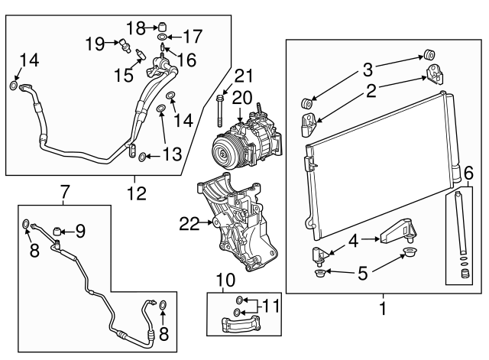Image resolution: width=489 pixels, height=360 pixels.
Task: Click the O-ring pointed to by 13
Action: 142,157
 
